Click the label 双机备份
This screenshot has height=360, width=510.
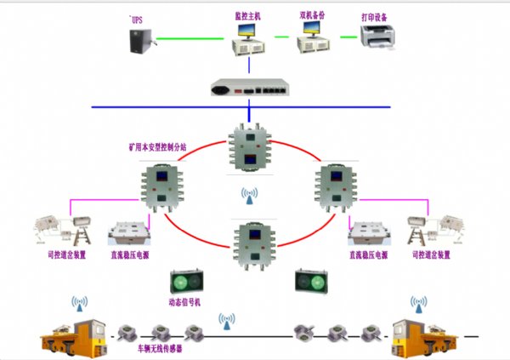coord(314,14)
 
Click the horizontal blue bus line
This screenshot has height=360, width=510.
coord(170,108)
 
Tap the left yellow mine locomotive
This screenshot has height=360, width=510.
coord(76,334)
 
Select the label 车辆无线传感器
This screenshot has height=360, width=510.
coord(159,348)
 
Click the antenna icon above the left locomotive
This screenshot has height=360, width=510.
coord(79,305)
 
